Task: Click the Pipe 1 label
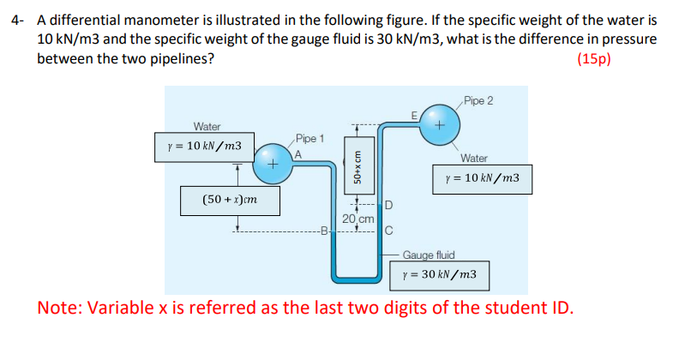(x=309, y=138)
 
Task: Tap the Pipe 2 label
(x=477, y=101)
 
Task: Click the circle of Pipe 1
(x=271, y=161)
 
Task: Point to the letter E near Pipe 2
(x=414, y=115)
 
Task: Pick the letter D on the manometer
(x=388, y=205)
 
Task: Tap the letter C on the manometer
(x=388, y=230)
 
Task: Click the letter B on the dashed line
(x=323, y=230)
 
